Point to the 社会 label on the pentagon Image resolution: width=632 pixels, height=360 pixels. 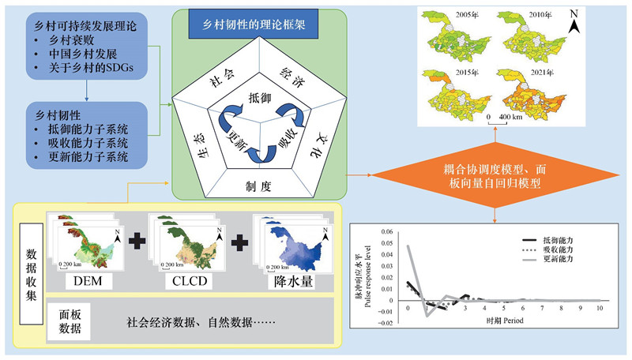[x=222, y=77]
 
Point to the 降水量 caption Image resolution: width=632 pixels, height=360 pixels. [x=285, y=280]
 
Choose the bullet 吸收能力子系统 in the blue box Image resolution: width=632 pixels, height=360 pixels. [x=88, y=142]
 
